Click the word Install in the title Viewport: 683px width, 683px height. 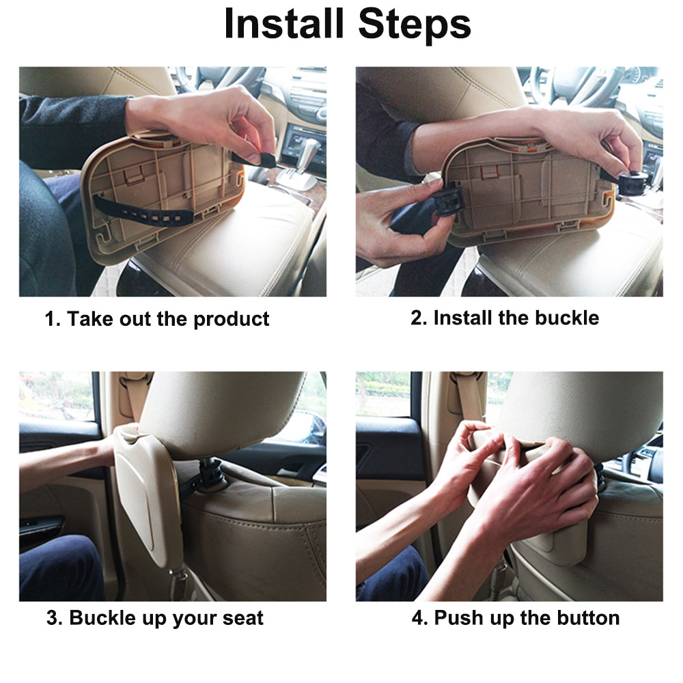284,24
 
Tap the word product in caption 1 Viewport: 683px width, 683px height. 232,319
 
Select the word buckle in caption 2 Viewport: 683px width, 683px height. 567,318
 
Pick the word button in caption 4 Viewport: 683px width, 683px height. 588,617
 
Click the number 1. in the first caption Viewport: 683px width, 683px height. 53,319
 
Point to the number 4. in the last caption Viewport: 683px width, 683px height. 420,618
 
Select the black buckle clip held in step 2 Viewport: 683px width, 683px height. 449,201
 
